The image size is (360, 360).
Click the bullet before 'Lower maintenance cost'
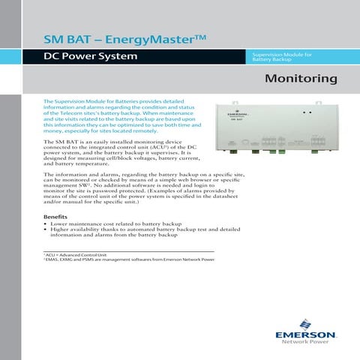tap(46, 223)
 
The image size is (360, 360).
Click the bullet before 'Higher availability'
tap(46, 229)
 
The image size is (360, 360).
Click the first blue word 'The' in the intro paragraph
tap(49, 100)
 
